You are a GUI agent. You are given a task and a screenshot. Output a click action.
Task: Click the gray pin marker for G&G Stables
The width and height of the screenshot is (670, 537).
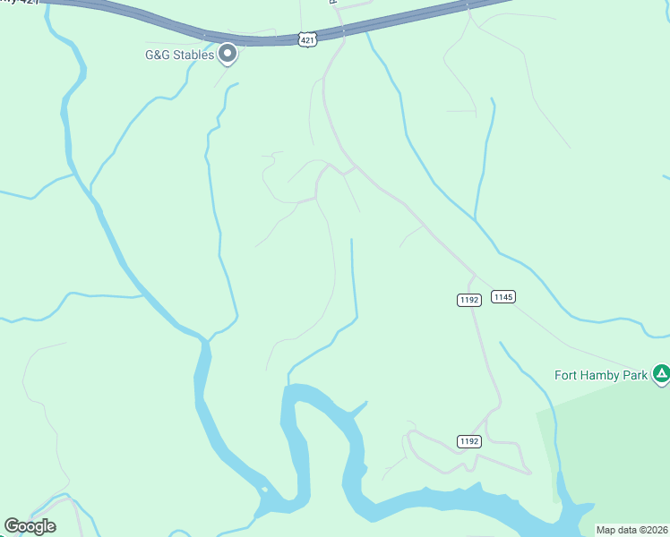pos(228,54)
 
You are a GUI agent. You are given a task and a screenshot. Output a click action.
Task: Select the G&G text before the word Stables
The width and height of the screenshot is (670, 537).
pos(157,55)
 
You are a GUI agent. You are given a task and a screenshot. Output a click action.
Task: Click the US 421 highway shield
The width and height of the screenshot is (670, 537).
pos(307,40)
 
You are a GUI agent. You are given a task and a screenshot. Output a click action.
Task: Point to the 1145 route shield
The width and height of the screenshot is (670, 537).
pos(503,296)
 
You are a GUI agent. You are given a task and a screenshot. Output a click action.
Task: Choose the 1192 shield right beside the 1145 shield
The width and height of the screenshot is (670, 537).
pos(469,300)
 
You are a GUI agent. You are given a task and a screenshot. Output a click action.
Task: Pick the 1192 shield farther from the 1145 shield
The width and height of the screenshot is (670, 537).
pos(469,440)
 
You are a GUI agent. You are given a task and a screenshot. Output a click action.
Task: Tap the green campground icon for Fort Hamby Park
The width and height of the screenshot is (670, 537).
pos(661,372)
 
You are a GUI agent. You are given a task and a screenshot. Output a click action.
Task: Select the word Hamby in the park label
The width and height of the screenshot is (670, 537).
pos(601,375)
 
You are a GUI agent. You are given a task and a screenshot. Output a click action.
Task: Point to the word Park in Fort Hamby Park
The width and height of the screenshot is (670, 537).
pos(634,375)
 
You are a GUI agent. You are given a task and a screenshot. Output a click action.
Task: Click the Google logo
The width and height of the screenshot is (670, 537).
pos(30,526)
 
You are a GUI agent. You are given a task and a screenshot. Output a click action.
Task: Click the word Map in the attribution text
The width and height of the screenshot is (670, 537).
pos(607,530)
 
